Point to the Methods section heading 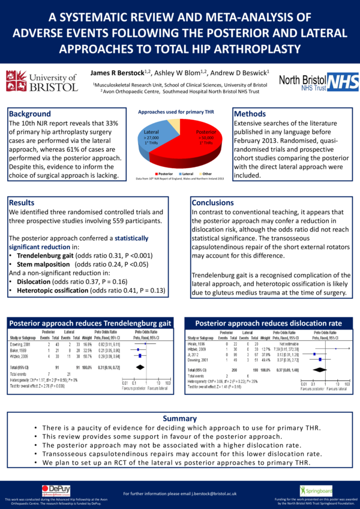[250, 113]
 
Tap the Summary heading [180, 418]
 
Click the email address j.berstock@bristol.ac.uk [212, 493]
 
